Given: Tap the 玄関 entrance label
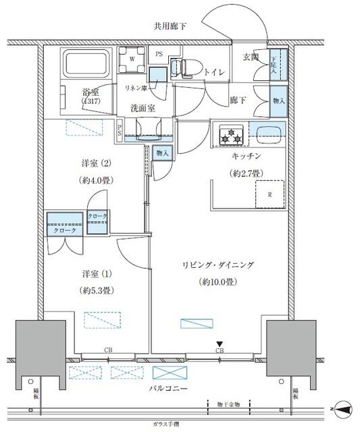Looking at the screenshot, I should [253, 57].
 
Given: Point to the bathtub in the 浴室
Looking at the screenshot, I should [85, 65].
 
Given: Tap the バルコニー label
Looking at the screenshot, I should [169, 389].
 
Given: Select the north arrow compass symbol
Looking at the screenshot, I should [343, 408].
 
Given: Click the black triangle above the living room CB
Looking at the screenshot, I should [220, 344].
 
